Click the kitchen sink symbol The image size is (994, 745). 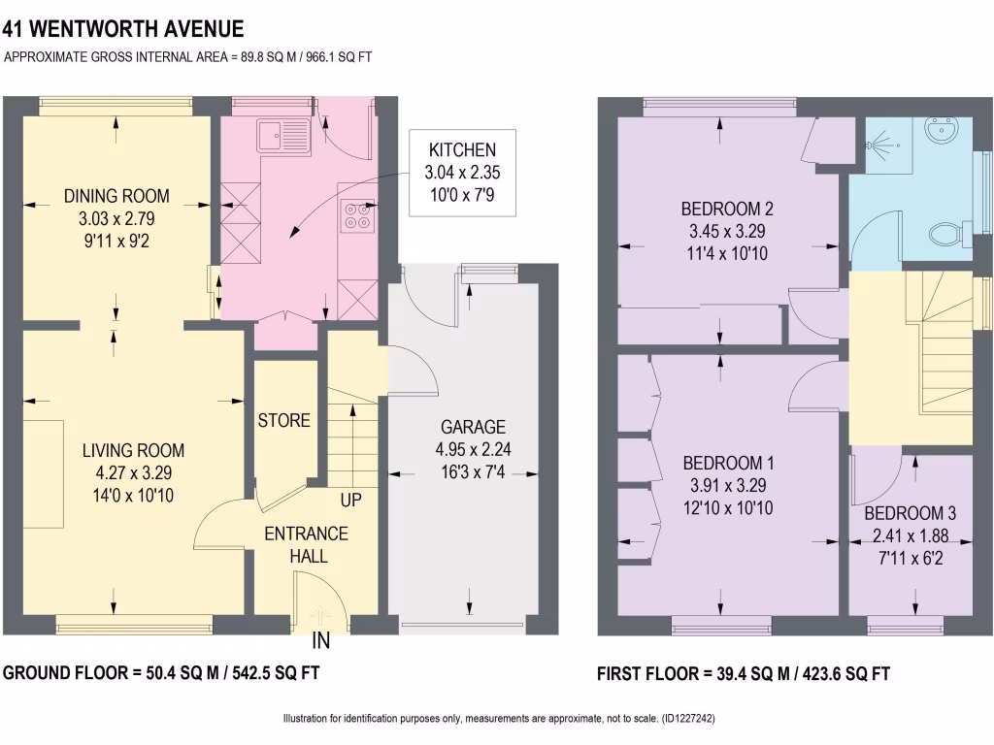(283, 136)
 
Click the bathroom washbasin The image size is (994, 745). (942, 130)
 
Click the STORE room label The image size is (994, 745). (284, 420)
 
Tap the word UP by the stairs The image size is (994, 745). (350, 502)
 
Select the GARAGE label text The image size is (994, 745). (474, 428)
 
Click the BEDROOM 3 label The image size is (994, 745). (910, 513)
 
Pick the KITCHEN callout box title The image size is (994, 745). (462, 150)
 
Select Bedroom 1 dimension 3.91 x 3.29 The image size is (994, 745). (727, 485)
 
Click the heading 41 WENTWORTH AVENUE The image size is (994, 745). (123, 30)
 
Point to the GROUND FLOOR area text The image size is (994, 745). (163, 672)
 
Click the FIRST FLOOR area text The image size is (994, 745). (743, 673)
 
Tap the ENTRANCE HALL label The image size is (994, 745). (307, 544)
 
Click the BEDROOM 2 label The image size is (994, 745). (727, 209)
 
